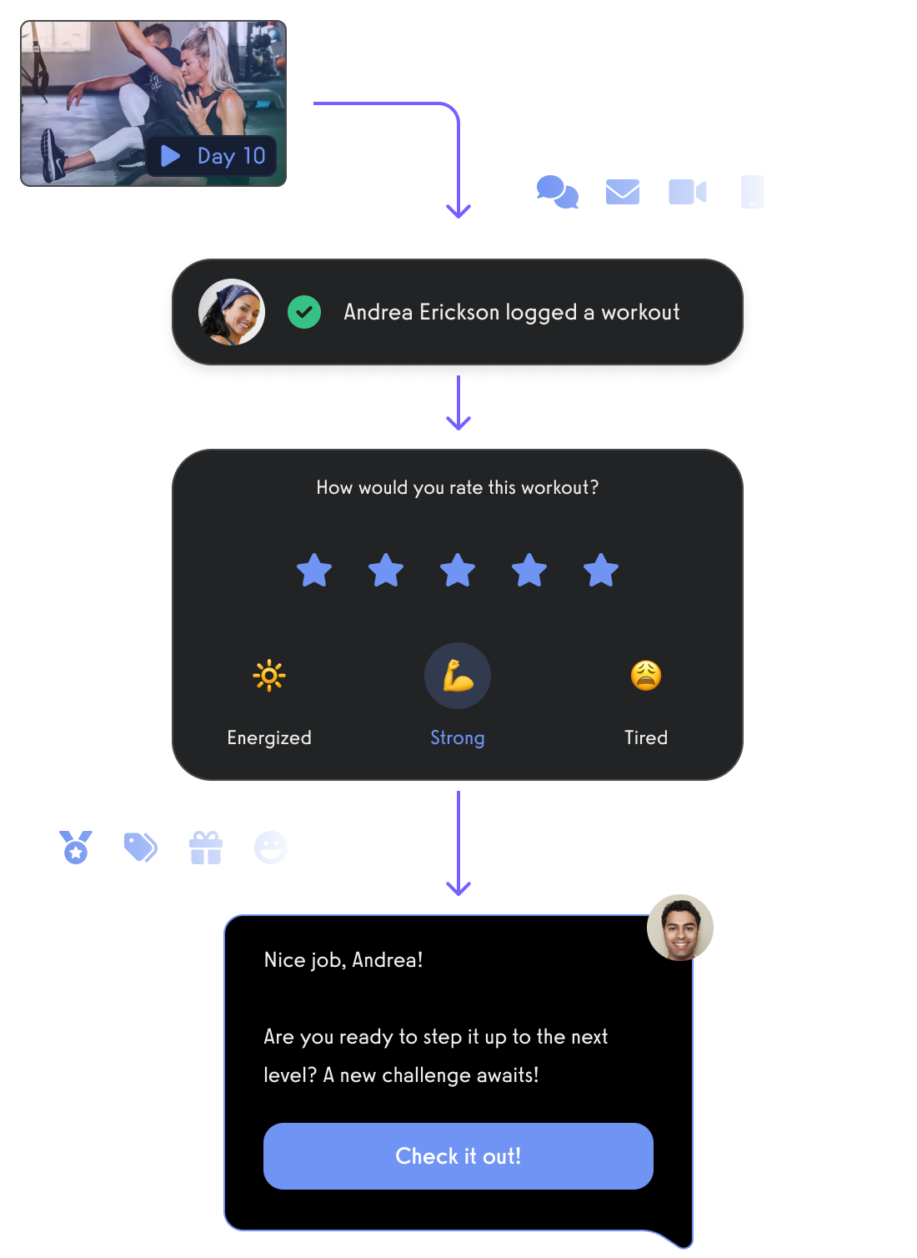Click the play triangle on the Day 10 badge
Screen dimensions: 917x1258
pos(170,155)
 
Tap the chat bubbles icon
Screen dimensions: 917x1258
pos(557,192)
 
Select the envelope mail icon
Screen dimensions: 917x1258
pos(623,192)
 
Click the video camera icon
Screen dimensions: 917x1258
pos(687,192)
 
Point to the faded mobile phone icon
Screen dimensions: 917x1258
pos(752,192)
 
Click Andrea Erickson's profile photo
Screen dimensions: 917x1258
pos(231,312)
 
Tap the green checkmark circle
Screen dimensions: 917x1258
pos(304,312)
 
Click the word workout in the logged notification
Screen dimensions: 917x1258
pos(640,312)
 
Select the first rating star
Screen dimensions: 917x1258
pos(313,570)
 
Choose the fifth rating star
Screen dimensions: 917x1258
pos(600,570)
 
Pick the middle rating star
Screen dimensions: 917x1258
pos(458,570)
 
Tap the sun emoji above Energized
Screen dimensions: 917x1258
pos(268,675)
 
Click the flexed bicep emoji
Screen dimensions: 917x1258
pos(458,675)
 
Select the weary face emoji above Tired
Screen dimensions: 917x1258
pos(646,675)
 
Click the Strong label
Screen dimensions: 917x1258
pos(458,737)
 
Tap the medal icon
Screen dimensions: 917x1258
pos(76,847)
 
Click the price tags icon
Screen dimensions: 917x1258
pos(140,847)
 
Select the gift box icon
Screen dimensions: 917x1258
pos(206,848)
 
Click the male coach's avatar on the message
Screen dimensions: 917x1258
pos(680,927)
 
